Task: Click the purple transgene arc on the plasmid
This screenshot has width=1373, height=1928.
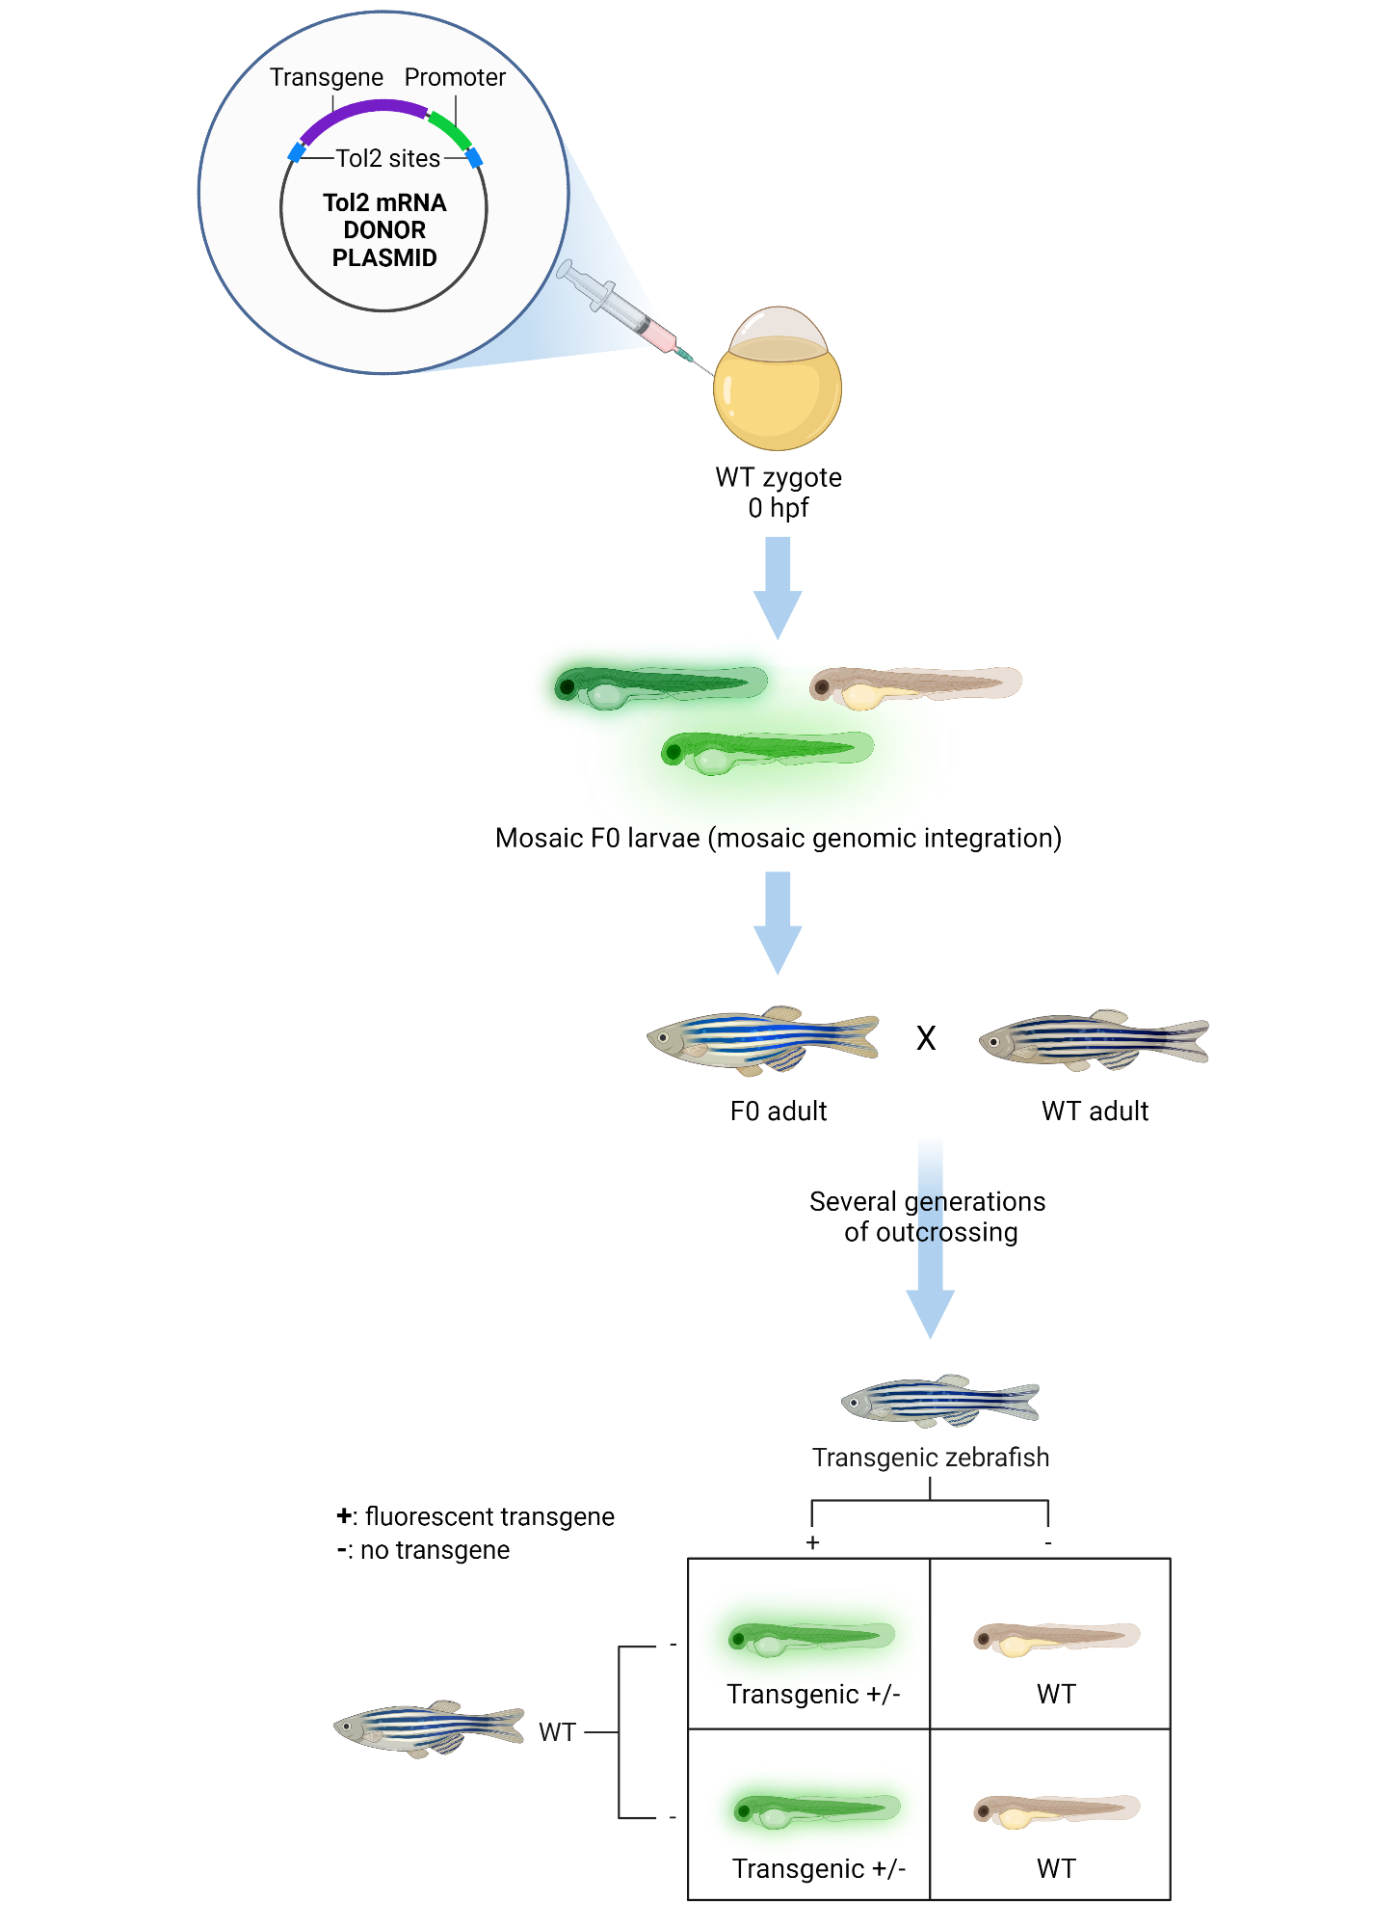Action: pyautogui.click(x=361, y=108)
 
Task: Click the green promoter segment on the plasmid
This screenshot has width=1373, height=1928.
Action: pyautogui.click(x=449, y=129)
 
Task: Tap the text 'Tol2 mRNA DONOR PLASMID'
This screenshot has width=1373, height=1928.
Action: pyautogui.click(x=384, y=230)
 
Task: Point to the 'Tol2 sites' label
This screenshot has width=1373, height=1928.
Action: pyautogui.click(x=387, y=158)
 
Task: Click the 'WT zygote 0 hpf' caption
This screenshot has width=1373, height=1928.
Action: pyautogui.click(x=779, y=492)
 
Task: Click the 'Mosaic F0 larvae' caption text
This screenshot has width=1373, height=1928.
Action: pyautogui.click(x=778, y=838)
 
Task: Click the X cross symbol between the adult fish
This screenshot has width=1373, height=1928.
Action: pyautogui.click(x=926, y=1038)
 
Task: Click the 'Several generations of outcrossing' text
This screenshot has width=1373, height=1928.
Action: pyautogui.click(x=928, y=1217)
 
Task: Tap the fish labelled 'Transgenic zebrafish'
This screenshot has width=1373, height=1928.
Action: pyautogui.click(x=940, y=1401)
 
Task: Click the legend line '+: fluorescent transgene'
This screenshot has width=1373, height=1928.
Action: pyautogui.click(x=476, y=1516)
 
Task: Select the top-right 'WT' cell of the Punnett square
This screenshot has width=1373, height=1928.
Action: pyautogui.click(x=1051, y=1644)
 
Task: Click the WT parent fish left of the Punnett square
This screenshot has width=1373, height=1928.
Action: pyautogui.click(x=429, y=1728)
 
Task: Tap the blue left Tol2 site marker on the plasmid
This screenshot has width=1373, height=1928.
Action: pyautogui.click(x=297, y=152)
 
